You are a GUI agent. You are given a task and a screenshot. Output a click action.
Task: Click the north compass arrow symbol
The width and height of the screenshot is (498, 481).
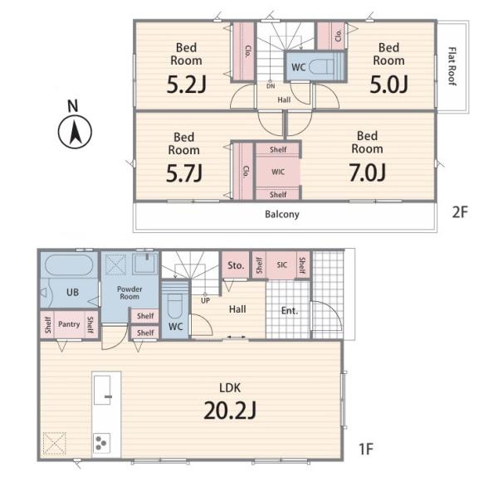[75, 132]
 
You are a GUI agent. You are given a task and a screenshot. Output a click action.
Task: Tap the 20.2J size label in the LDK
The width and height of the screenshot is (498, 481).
[230, 411]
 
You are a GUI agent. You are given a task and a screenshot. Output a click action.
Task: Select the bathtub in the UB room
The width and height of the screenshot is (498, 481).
[69, 265]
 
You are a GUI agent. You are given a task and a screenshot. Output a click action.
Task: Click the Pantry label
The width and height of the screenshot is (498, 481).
[69, 324]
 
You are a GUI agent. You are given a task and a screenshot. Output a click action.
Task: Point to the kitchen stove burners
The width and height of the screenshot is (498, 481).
[101, 442]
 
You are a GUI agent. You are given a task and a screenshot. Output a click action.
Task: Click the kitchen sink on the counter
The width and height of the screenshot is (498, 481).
[103, 390]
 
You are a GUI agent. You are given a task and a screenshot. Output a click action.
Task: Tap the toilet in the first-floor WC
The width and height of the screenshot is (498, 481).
[174, 305]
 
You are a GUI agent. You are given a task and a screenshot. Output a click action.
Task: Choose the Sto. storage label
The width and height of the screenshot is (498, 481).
[236, 265]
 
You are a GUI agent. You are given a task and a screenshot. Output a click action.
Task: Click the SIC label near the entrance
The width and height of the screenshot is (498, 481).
[281, 265]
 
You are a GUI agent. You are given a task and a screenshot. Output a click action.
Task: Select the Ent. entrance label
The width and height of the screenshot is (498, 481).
[290, 311]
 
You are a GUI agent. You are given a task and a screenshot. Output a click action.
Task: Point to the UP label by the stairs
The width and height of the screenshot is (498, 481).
[205, 300]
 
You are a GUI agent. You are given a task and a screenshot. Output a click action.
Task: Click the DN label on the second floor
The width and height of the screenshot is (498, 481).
[271, 86]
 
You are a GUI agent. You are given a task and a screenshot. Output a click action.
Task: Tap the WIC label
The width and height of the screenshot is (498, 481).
[278, 172]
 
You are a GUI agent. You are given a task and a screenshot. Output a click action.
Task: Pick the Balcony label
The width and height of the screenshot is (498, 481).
[282, 215]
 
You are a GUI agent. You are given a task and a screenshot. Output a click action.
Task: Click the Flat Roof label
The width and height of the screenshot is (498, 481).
[452, 66]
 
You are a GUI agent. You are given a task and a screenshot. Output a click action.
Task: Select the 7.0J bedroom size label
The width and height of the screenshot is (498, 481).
[368, 173]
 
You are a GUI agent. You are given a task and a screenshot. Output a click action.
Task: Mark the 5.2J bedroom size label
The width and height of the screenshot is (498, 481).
[187, 85]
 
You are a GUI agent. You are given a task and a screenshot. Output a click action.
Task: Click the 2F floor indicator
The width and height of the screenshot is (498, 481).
[460, 212]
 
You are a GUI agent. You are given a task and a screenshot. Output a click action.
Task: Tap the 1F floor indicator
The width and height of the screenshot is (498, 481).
[366, 449]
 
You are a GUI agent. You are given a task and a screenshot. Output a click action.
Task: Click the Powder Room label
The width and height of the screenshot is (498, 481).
[129, 293]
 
